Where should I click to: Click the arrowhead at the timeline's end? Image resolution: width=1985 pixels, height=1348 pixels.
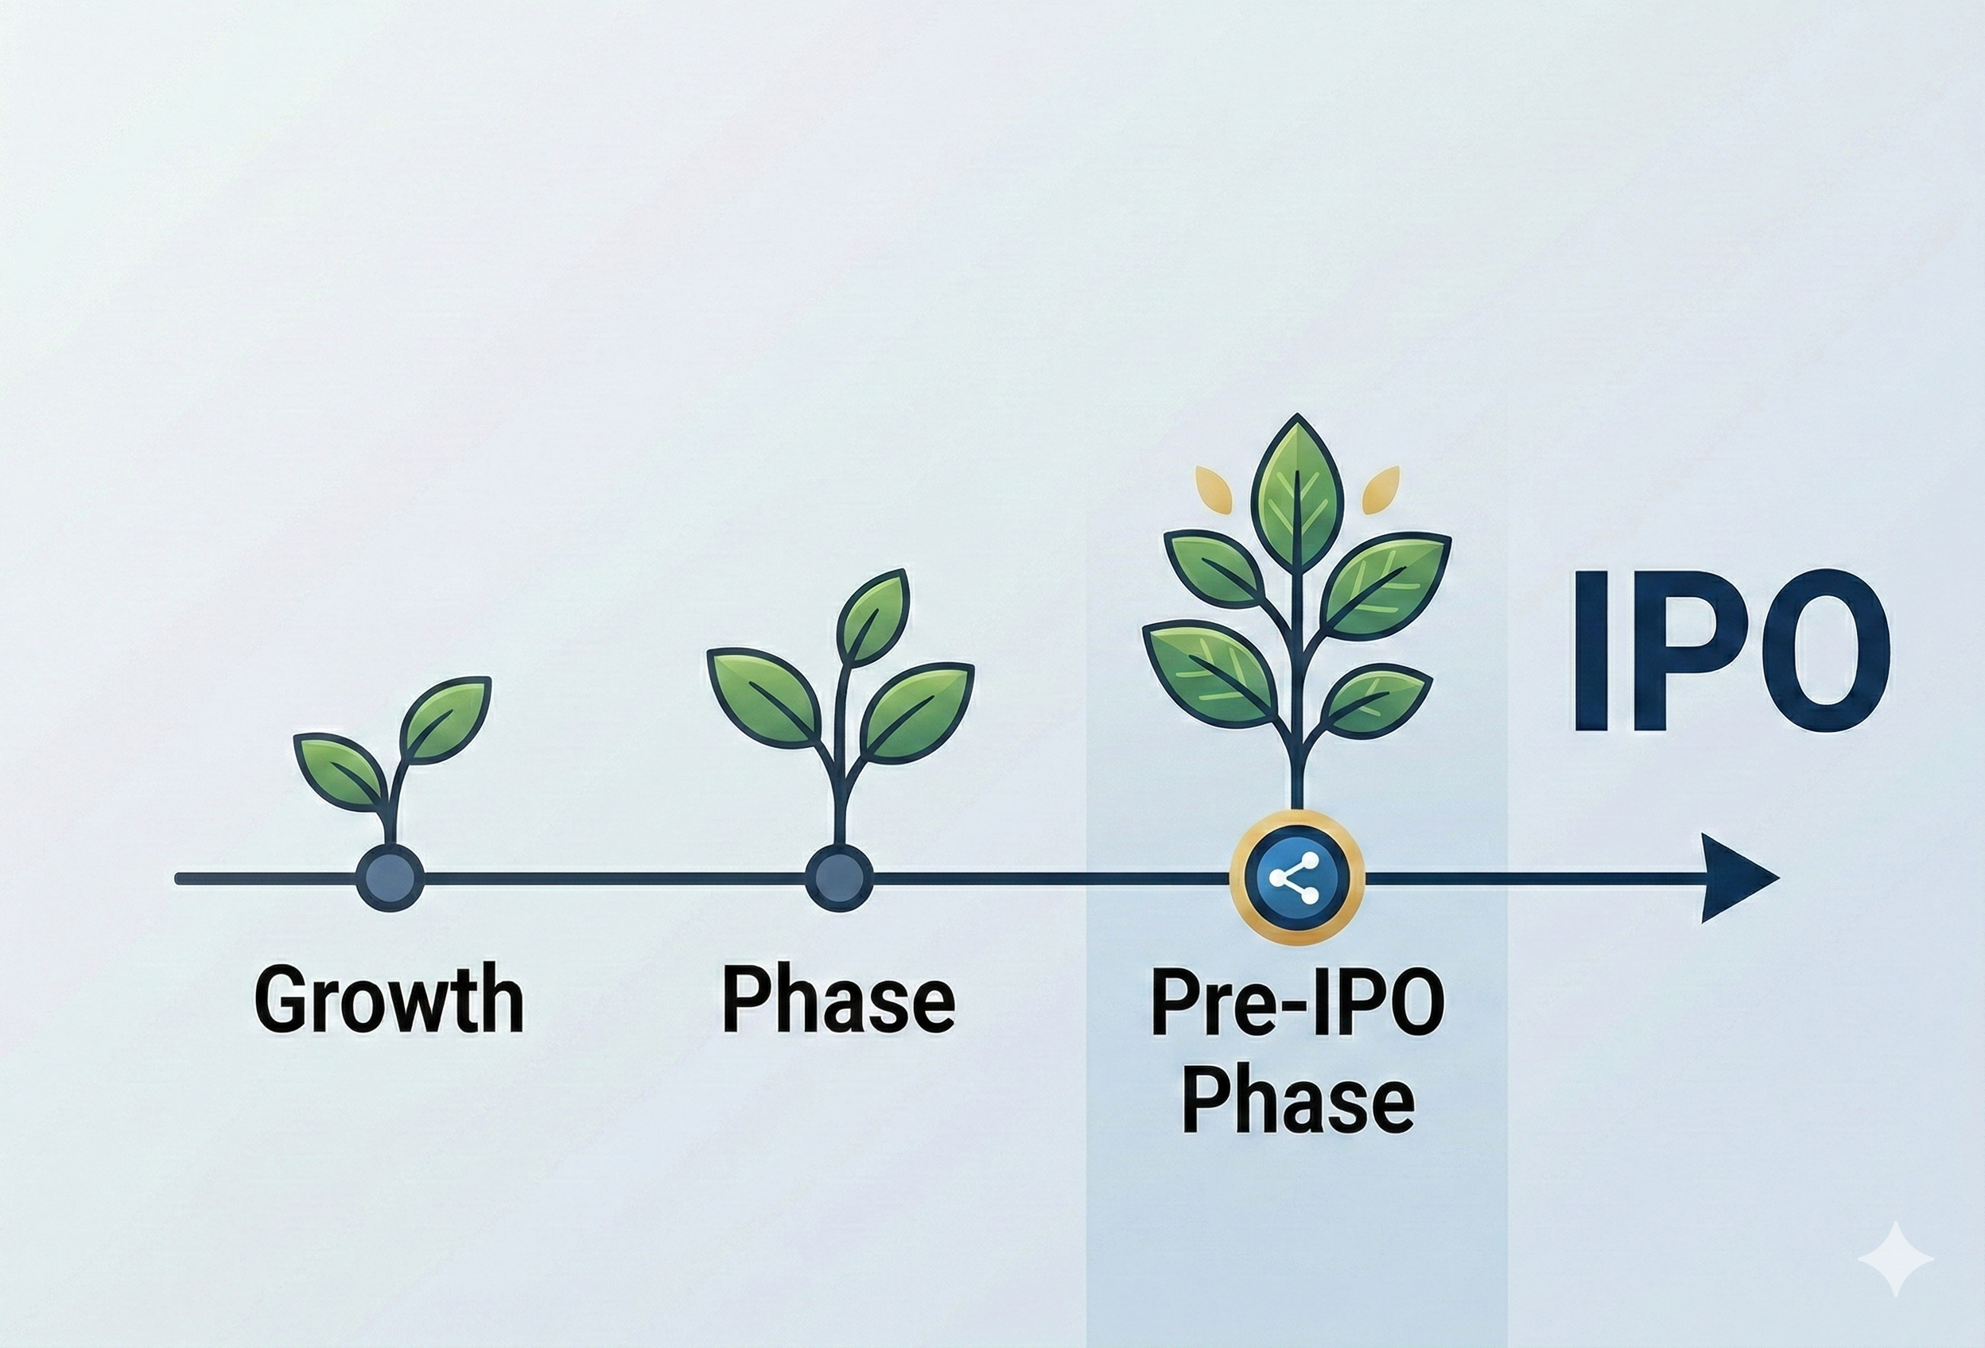point(1734,878)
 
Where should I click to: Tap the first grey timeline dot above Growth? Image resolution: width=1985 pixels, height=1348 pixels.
point(390,878)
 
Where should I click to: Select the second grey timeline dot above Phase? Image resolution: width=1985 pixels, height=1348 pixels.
point(839,878)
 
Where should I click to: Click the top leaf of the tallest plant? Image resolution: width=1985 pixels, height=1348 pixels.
point(1297,486)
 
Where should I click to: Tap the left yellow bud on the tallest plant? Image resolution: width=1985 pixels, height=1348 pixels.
point(1214,487)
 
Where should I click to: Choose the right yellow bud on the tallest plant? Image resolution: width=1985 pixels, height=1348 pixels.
point(1381,489)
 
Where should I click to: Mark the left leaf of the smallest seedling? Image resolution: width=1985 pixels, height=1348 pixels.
point(339,769)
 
